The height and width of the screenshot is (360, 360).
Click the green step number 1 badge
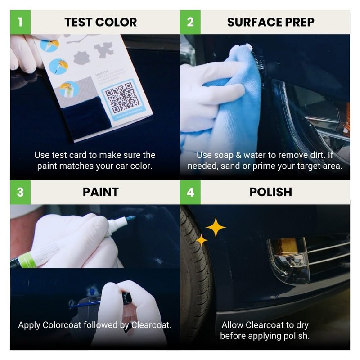point(20,22)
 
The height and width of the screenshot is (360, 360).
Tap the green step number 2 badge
point(190,22)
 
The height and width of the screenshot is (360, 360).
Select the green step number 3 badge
point(20,192)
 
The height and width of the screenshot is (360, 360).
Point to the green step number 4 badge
point(190,192)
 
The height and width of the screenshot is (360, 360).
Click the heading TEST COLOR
point(100,22)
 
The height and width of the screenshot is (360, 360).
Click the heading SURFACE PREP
point(270,22)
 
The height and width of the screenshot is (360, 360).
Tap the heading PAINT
point(100,192)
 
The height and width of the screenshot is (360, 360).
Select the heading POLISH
point(270,192)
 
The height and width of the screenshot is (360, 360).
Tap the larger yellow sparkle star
point(216,227)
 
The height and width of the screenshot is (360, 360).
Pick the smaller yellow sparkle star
point(201,240)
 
